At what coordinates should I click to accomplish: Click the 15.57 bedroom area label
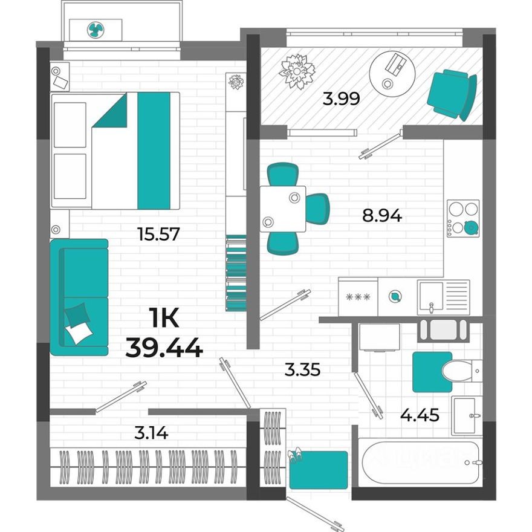pos(159,233)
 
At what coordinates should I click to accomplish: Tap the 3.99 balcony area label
pos(342,99)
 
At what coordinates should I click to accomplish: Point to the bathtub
pos(421,462)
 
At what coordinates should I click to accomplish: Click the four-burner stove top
pos(463,218)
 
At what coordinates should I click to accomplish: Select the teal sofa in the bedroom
pos(79,297)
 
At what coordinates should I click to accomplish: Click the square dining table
pos(283,209)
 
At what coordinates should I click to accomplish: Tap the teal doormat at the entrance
pos(318,470)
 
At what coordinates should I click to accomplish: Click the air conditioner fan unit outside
pos(96,29)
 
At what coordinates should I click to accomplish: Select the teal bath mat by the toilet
pos(432,371)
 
